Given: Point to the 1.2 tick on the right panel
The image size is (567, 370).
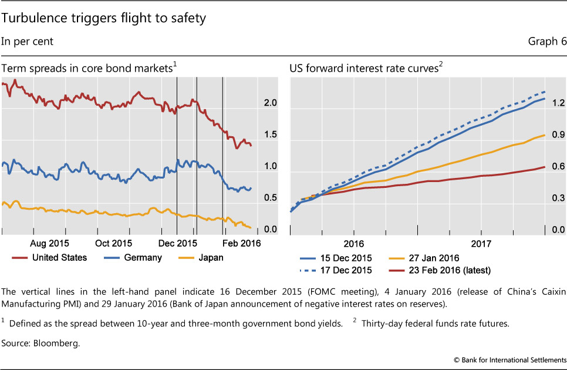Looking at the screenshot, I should coord(558,103).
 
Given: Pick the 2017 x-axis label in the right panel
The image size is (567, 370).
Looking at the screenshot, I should coord(481,243).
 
